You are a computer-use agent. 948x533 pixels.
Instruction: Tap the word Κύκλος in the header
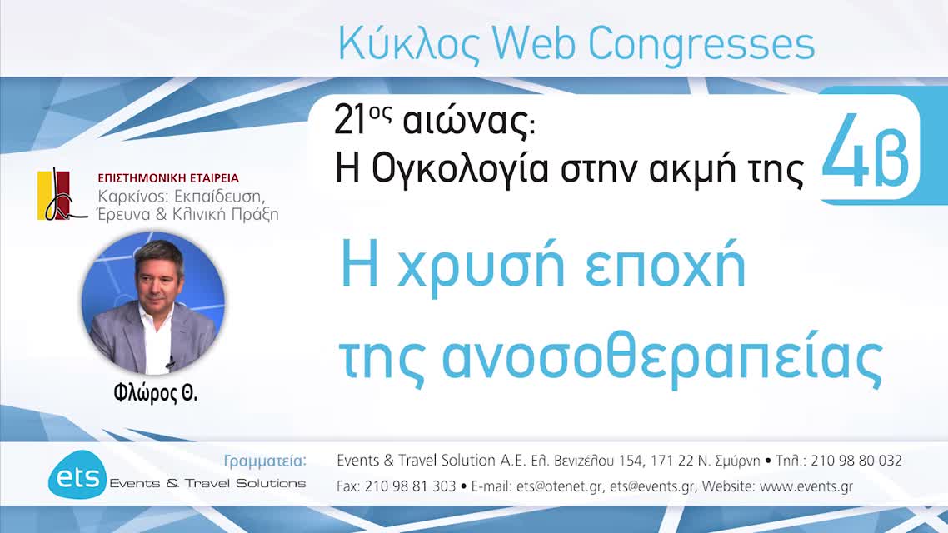[x=403, y=45]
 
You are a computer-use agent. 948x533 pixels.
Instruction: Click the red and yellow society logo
[x=62, y=195]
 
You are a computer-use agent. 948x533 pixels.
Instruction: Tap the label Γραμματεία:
[x=266, y=461]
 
